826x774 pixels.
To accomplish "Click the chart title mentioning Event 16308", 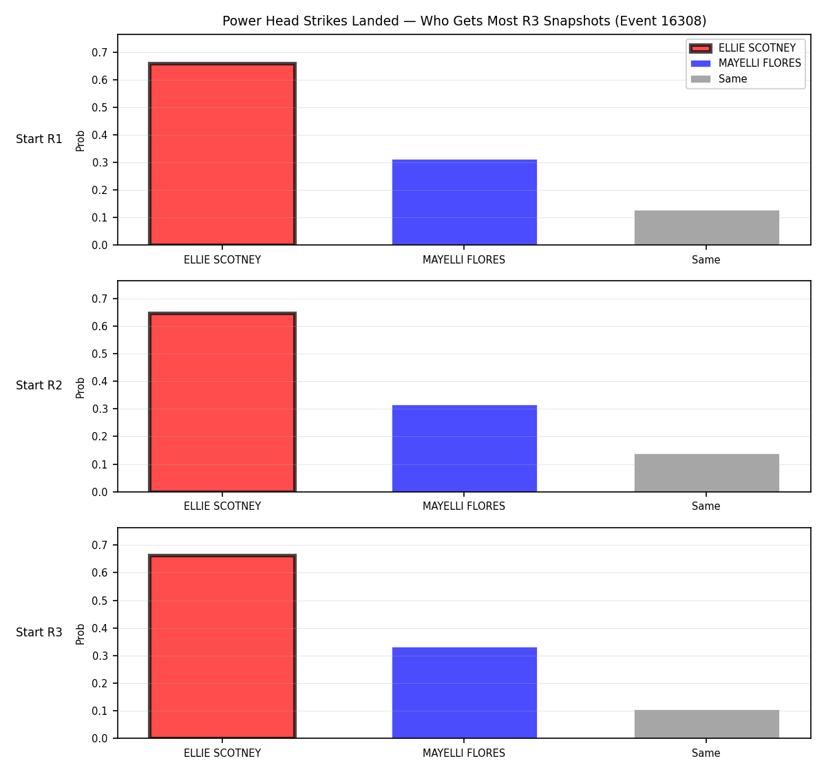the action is (x=464, y=21).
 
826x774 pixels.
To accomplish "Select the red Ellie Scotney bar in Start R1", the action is (x=222, y=154).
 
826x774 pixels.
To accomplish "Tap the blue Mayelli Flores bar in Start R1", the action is (x=464, y=202).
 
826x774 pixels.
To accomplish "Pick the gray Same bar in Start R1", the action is (x=706, y=228).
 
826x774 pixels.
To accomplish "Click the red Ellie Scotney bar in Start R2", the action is (x=222, y=402).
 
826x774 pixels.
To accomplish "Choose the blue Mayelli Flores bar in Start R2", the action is (x=464, y=449).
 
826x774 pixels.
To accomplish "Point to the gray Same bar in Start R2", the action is (x=706, y=473).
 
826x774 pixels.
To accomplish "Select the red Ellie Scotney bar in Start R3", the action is (x=222, y=646).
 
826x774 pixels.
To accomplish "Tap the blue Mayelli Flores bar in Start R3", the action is (x=464, y=693).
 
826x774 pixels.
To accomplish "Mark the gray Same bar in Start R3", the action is (x=706, y=724).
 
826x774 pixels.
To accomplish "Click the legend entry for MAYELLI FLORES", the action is (x=745, y=63).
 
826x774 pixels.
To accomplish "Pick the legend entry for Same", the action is (x=719, y=79).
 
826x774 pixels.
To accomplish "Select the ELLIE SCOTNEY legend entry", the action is (x=743, y=48).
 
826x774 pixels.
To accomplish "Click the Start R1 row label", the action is (x=39, y=139).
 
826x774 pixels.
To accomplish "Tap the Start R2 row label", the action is (x=39, y=385).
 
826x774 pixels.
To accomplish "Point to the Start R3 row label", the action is (x=39, y=632).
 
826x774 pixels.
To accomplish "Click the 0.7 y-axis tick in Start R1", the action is (x=99, y=52).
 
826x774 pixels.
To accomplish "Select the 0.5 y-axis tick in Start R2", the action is (x=99, y=354).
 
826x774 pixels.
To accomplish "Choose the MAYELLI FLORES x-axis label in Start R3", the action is (x=464, y=753).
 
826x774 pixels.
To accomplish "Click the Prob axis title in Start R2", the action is (x=81, y=388).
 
